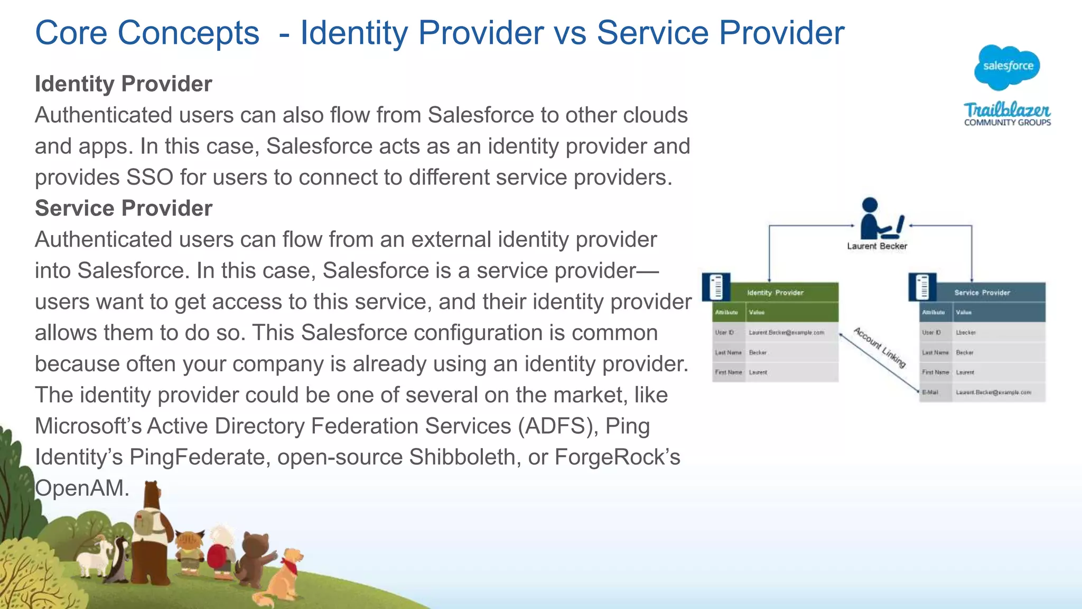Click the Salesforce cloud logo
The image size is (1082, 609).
1007,67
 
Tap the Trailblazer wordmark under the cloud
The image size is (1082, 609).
1007,110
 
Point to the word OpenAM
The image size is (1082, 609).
82,488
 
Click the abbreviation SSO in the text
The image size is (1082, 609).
150,177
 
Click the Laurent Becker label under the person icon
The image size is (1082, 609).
877,246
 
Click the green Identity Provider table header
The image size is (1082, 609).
775,293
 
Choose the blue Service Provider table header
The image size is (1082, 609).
982,293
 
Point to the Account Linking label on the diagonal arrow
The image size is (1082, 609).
880,347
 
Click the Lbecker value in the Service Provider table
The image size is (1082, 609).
966,333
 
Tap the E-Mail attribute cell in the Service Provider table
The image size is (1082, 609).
930,392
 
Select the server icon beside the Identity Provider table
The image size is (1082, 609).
716,287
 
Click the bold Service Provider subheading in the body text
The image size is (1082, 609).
124,209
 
